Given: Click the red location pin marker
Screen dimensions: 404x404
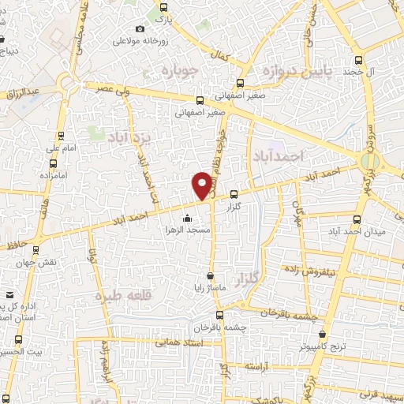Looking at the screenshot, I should point(202,185).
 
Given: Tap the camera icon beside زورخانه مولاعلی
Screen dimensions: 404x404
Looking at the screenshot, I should point(140,29).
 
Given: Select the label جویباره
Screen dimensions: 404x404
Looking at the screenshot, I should point(166,72).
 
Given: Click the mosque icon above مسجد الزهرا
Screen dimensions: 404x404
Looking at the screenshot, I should point(186,218).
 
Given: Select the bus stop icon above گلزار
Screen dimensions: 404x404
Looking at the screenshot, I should point(234,195).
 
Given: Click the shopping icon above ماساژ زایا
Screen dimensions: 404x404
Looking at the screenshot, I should point(210,276).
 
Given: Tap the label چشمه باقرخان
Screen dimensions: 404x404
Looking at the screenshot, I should point(220,327).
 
